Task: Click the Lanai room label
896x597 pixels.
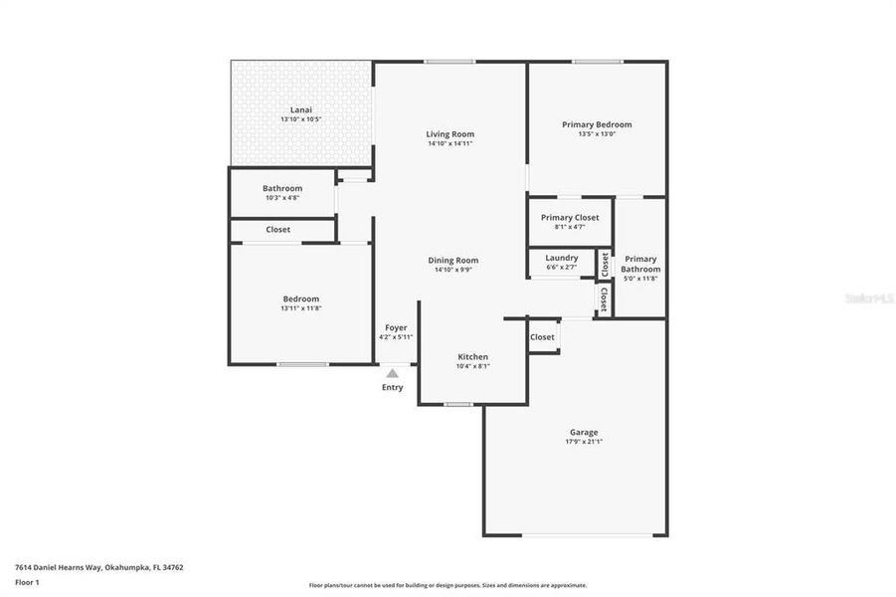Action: coord(300,109)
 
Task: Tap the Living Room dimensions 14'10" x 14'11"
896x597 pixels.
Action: coord(449,143)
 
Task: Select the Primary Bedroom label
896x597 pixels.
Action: coord(597,124)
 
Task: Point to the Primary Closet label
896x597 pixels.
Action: coord(570,217)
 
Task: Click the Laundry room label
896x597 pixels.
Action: coord(562,258)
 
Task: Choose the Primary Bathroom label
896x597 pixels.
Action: coord(640,264)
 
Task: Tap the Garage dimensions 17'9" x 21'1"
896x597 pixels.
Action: coord(583,442)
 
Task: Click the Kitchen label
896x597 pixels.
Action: coord(472,356)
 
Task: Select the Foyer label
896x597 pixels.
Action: coord(396,327)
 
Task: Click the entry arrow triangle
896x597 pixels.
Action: coord(393,373)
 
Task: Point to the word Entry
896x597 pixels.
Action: coord(393,387)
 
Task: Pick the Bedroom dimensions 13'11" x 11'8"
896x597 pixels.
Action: coord(300,308)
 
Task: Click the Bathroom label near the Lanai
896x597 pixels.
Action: coord(282,188)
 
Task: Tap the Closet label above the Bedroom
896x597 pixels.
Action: coord(278,230)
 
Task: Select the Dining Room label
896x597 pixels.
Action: coord(453,260)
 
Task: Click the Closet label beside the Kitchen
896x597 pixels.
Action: coord(542,337)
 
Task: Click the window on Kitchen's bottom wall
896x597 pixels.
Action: coord(457,404)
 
